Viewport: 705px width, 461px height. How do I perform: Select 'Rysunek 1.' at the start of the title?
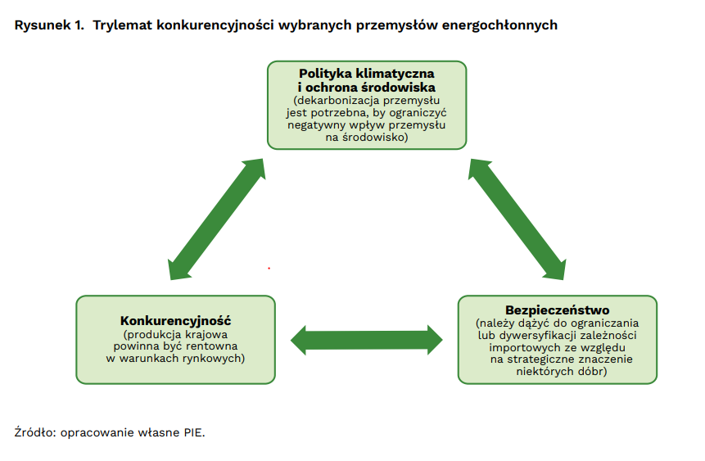click(x=49, y=25)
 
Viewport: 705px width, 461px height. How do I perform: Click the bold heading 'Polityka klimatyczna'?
click(x=367, y=74)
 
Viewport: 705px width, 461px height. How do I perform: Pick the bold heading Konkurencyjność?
click(x=175, y=321)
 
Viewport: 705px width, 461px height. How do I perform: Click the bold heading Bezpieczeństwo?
click(x=558, y=310)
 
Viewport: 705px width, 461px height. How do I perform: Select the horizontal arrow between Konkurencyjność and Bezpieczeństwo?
click(x=367, y=340)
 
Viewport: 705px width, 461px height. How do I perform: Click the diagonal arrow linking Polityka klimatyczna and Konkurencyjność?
click(x=216, y=219)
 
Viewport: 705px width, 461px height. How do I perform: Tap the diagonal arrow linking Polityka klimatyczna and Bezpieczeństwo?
click(x=517, y=219)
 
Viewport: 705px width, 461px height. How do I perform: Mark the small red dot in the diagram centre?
click(x=269, y=269)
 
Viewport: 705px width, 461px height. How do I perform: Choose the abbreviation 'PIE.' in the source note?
click(x=194, y=432)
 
